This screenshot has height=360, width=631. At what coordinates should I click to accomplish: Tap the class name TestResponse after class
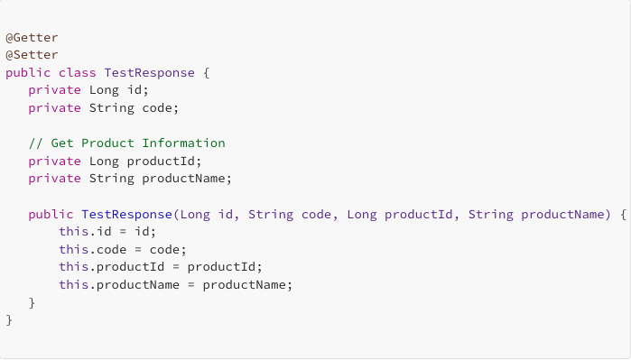tap(146, 72)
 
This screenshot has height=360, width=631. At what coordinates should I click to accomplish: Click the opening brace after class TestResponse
tap(207, 72)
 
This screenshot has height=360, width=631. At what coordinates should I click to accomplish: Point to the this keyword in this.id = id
tap(73, 232)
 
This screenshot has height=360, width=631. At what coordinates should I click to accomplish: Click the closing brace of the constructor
tap(32, 302)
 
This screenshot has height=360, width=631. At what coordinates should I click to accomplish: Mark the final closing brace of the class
tap(9, 319)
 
